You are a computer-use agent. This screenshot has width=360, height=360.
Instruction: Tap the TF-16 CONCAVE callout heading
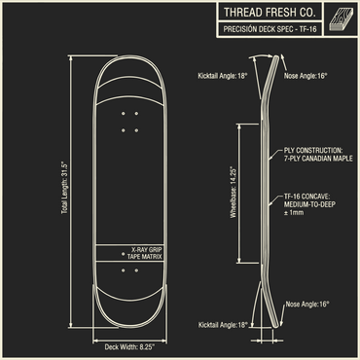pyautogui.click(x=311, y=197)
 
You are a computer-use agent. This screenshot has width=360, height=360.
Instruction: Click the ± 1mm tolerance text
pyautogui.click(x=293, y=214)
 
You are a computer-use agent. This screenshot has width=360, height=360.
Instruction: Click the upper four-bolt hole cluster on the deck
pyautogui.click(x=130, y=122)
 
